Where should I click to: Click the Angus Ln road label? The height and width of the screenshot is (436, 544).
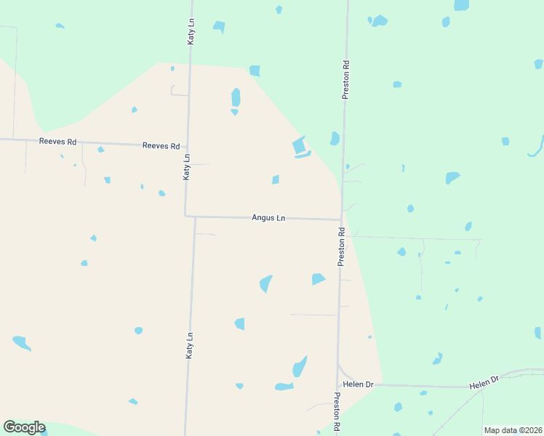click(268, 217)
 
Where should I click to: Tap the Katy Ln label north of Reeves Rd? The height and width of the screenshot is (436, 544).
click(191, 32)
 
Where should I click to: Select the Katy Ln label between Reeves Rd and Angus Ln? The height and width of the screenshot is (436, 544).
click(187, 167)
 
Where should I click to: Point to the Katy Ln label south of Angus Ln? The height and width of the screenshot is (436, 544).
click(189, 345)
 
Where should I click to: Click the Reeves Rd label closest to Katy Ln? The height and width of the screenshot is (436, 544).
click(161, 146)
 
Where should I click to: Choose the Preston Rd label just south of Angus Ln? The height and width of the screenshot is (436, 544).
click(340, 247)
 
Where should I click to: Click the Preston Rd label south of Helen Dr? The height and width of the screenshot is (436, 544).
click(337, 412)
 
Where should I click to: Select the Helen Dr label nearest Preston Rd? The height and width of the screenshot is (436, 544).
click(358, 384)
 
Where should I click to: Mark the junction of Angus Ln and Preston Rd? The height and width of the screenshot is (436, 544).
click(341, 219)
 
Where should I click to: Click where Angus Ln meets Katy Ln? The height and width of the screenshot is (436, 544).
click(186, 216)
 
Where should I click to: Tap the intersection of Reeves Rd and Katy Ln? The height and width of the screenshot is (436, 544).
click(189, 146)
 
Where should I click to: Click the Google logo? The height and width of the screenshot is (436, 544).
click(24, 427)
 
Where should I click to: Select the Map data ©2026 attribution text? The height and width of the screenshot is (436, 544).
click(513, 430)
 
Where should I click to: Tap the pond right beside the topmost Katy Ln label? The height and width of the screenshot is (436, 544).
click(219, 28)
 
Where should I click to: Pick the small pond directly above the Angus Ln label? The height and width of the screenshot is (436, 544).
click(276, 179)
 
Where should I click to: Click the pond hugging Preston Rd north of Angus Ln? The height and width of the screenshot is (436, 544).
click(335, 138)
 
